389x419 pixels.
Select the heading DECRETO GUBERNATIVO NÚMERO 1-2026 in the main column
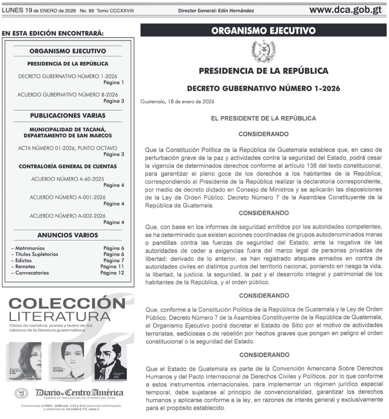tap(264, 88)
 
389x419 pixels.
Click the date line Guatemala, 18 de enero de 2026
tap(177, 102)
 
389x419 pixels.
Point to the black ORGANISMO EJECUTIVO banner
tap(264, 31)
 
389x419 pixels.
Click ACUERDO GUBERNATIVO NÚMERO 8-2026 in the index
tap(68, 95)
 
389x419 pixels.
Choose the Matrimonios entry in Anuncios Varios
tap(30, 248)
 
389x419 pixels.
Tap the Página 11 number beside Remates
tap(112, 266)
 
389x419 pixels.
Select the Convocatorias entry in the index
tap(32, 273)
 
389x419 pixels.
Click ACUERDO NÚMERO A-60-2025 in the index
tap(68, 179)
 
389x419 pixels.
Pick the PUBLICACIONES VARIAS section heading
tap(68, 116)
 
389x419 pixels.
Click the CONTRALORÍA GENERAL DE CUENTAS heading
tap(68, 167)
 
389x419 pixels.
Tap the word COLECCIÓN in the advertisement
tap(66, 303)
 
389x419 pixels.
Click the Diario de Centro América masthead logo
tap(79, 393)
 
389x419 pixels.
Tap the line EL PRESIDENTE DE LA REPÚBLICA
tap(264, 118)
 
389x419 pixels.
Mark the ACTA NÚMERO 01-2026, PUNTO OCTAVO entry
tap(68, 148)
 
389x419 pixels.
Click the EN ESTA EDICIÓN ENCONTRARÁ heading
tap(53, 34)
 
